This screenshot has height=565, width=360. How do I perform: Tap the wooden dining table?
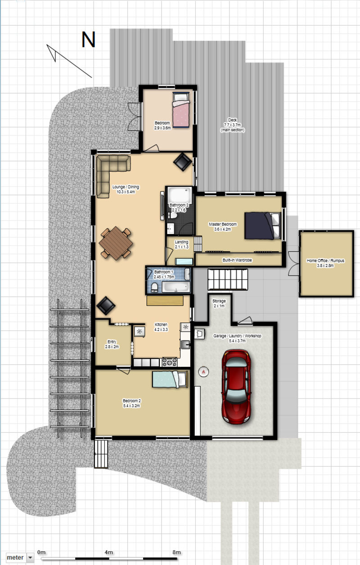116,243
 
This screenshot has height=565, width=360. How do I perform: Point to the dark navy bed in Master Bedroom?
262,226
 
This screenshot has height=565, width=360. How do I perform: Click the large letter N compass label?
88,40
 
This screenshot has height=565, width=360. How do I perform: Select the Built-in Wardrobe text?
237,260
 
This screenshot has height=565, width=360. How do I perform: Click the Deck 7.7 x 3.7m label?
233,125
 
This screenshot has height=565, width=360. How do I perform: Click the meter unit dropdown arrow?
30,557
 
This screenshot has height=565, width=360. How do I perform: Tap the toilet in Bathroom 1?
154,288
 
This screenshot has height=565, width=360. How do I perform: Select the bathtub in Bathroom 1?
176,287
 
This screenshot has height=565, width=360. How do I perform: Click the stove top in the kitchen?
169,362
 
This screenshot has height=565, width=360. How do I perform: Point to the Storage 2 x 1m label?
219,303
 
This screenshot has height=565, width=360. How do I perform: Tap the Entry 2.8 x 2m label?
112,344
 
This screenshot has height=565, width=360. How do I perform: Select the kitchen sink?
185,344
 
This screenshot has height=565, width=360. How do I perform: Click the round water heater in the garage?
203,371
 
